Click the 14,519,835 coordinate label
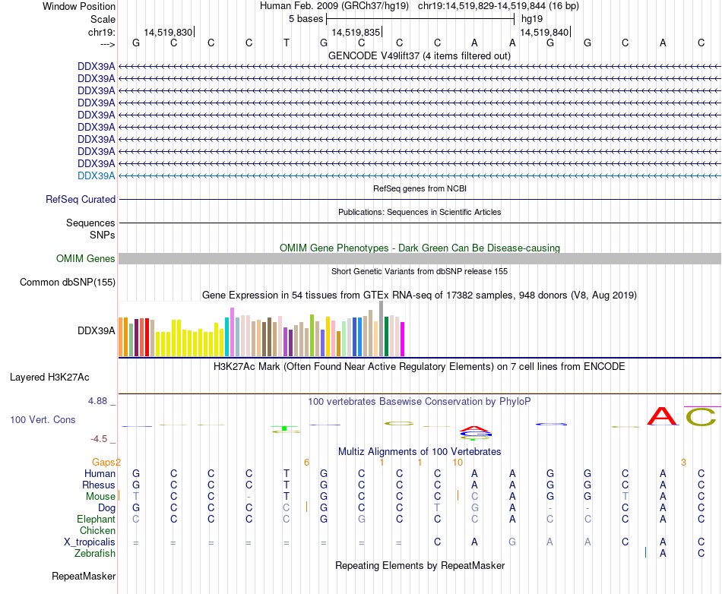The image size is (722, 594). pyautogui.click(x=356, y=31)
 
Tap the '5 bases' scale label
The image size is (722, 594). pyautogui.click(x=306, y=18)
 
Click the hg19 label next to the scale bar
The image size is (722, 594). pyautogui.click(x=531, y=18)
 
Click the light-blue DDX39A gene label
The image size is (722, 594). pyautogui.click(x=97, y=175)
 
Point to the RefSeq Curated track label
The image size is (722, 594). pyautogui.click(x=81, y=200)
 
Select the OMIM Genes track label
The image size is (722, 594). pyautogui.click(x=86, y=259)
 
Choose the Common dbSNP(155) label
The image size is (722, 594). pyautogui.click(x=68, y=283)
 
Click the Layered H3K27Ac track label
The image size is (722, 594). pyautogui.click(x=49, y=377)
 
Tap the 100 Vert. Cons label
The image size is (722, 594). pyautogui.click(x=43, y=419)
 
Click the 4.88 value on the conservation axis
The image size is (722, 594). pyautogui.click(x=100, y=400)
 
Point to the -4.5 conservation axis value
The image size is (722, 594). pyautogui.click(x=102, y=438)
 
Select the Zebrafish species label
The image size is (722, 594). pyautogui.click(x=95, y=554)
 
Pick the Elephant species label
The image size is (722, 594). pyautogui.click(x=96, y=520)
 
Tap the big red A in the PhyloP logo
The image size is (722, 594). pyautogui.click(x=662, y=416)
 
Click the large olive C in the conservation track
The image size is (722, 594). pyautogui.click(x=701, y=417)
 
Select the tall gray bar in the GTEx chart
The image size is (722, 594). pyautogui.click(x=381, y=328)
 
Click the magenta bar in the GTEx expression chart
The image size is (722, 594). pyautogui.click(x=402, y=339)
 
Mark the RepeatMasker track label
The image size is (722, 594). pyautogui.click(x=84, y=577)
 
